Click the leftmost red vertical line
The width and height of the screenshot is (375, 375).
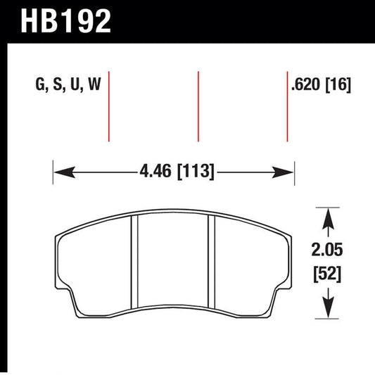(x=109, y=106)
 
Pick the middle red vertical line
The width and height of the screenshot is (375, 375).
(x=198, y=106)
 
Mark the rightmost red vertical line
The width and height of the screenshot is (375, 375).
(x=287, y=106)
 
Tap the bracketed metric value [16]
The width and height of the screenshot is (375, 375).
(x=339, y=86)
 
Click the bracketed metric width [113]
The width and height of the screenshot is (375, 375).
(x=197, y=171)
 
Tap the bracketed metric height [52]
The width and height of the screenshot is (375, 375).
(x=327, y=274)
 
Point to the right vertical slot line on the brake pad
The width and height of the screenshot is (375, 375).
(x=212, y=263)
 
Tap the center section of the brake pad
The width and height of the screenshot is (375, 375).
(x=173, y=263)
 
